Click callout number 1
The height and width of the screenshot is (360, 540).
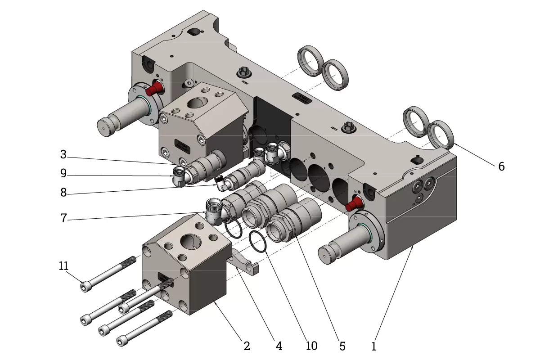point(373,346)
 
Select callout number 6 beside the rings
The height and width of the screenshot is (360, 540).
point(501,166)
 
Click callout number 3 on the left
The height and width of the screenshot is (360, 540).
point(63,155)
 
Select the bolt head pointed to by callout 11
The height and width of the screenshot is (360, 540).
point(85,286)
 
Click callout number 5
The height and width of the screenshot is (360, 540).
point(342,346)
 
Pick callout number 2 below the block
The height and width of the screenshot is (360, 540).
point(246,346)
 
